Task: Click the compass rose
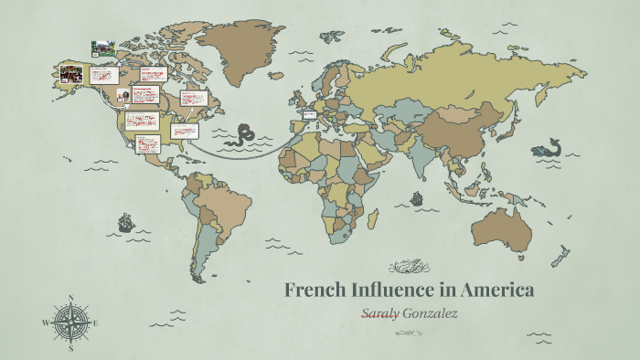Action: [x=69, y=322]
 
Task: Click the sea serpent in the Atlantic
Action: [x=244, y=134]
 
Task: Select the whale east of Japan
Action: [x=549, y=146]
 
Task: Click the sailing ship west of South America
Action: [x=125, y=222]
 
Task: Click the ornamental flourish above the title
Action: [x=409, y=268]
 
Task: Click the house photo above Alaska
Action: [x=101, y=47]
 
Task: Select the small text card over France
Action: [x=308, y=115]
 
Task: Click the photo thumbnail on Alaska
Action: [x=71, y=73]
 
